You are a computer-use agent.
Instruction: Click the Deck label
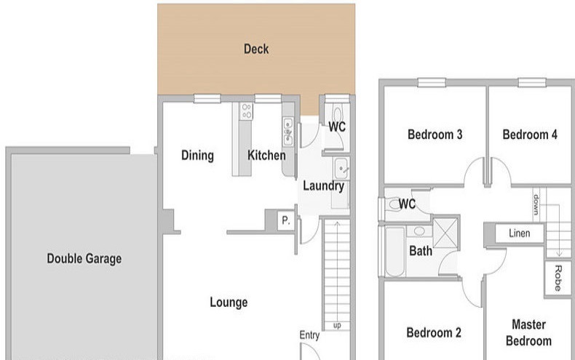tap(256, 49)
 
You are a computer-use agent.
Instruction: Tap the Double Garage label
tap(84, 258)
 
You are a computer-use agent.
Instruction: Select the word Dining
tap(197, 156)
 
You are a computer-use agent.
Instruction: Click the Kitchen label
tap(266, 155)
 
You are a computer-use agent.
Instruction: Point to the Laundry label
tap(323, 186)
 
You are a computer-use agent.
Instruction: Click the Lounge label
tap(229, 302)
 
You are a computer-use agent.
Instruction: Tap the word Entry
tap(309, 335)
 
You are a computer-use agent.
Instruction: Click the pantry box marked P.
tap(285, 220)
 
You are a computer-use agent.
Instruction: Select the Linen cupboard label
tap(519, 233)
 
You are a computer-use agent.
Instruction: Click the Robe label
tap(558, 279)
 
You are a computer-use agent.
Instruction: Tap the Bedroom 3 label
tap(435, 135)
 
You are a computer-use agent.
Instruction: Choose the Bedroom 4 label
tap(530, 135)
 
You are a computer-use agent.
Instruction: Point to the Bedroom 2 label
tap(434, 332)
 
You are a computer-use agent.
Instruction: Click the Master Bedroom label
tap(528, 332)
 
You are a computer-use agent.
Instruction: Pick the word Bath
tap(421, 251)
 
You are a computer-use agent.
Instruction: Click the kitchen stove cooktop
tap(247, 111)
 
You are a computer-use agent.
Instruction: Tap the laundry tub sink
tap(341, 168)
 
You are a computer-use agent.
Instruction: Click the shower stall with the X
tap(445, 233)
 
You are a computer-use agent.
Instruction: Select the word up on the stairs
tap(337, 325)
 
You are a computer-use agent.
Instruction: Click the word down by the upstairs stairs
tap(536, 204)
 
